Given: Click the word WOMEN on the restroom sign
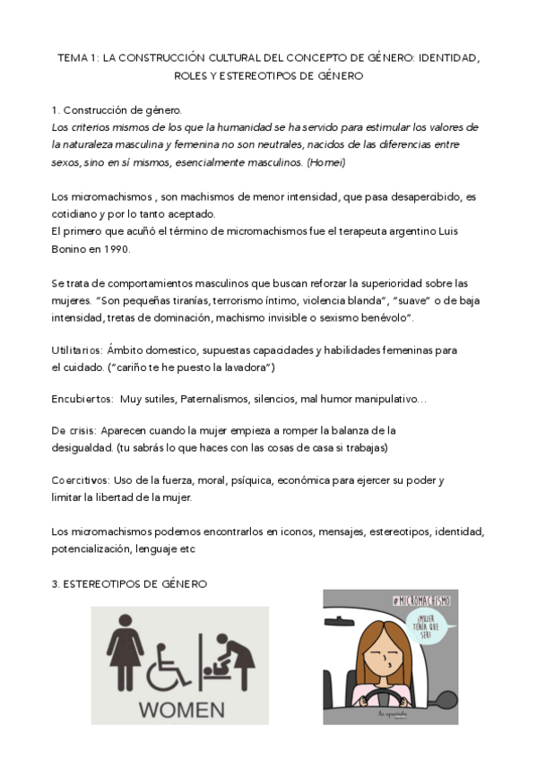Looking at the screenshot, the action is (x=179, y=709).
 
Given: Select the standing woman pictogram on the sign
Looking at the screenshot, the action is (x=126, y=653).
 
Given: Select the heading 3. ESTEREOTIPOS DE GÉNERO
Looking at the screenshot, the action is (x=129, y=583).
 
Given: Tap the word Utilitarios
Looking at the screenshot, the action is (x=76, y=350).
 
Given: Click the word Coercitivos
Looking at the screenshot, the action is (x=80, y=480).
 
